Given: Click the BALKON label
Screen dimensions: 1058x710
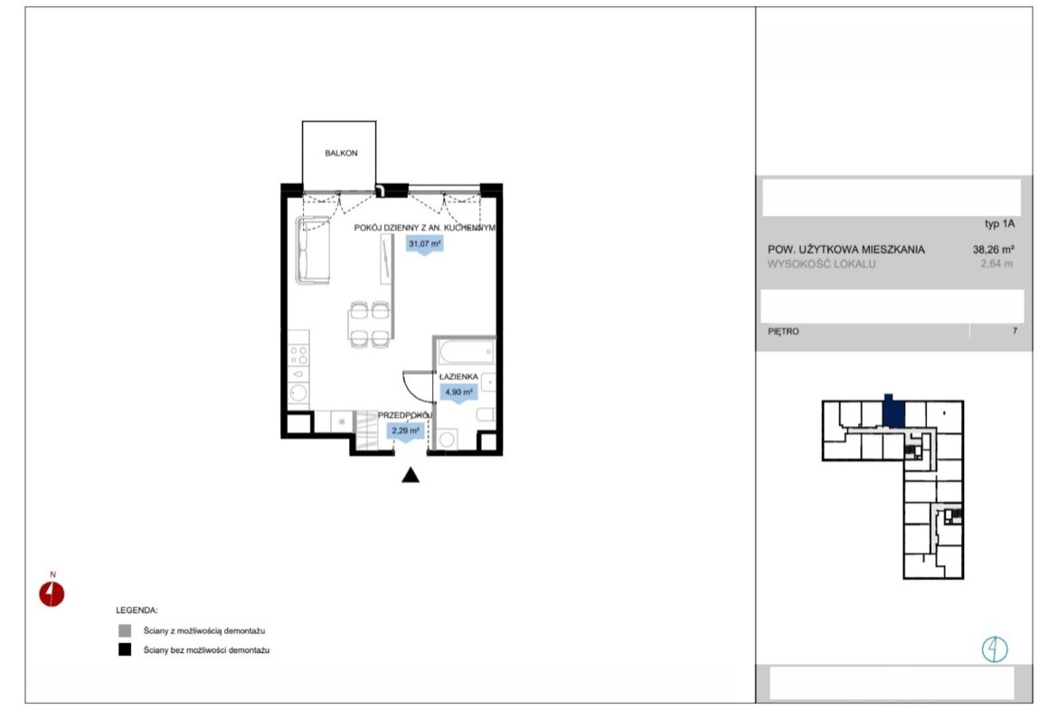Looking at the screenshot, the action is (341, 153).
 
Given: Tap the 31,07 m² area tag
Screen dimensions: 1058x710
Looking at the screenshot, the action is (424, 243).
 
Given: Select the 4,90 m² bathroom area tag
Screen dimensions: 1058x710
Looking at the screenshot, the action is (458, 393).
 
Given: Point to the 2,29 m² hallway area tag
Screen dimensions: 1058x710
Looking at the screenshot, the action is (405, 431).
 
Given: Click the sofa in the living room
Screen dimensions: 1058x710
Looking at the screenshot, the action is (312, 250).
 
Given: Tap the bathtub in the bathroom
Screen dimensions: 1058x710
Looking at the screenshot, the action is (467, 352).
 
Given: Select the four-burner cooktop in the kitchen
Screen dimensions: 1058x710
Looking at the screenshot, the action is (298, 355).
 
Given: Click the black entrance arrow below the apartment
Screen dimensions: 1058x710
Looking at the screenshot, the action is (411, 475).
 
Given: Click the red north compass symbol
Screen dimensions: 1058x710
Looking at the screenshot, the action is (52, 594).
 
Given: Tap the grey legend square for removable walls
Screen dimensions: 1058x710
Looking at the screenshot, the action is (125, 631).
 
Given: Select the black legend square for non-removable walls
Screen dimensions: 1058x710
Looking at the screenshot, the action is (125, 650).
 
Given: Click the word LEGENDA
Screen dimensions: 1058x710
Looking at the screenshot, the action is (137, 611).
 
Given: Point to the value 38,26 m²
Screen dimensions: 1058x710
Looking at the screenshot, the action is (993, 249).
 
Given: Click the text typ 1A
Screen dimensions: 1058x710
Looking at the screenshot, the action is (999, 223).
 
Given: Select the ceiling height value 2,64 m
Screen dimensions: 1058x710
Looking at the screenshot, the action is (997, 264).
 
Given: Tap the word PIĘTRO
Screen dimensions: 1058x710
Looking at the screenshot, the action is (783, 331).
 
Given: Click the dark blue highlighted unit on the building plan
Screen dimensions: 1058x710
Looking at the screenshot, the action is (893, 412).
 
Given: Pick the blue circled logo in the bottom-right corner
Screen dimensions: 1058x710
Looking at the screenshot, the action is (994, 649).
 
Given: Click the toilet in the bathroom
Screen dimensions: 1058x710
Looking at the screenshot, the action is (485, 414).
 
